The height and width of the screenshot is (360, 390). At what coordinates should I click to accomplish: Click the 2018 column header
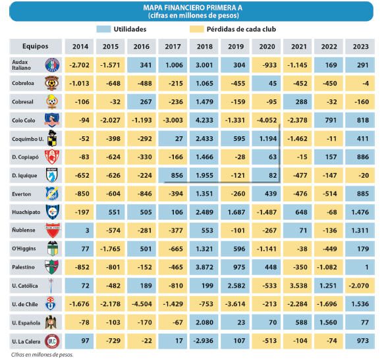(204, 47)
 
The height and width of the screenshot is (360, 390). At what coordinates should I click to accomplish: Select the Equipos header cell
(36, 47)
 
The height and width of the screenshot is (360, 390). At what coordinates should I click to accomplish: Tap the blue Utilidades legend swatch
(103, 29)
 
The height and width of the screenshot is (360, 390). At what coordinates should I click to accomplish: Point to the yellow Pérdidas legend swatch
(196, 29)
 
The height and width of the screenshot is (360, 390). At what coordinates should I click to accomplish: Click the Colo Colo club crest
(52, 120)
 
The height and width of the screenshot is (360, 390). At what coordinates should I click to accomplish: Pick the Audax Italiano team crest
(52, 65)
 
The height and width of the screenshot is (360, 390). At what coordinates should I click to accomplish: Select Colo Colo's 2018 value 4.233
(204, 120)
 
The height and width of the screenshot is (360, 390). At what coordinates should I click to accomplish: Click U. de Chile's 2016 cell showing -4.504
(142, 304)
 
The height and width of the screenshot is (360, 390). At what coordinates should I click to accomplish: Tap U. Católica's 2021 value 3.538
(298, 286)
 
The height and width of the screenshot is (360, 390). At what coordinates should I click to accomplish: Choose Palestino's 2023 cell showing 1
(360, 267)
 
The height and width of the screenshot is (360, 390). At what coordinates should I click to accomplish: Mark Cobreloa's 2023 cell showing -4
(360, 84)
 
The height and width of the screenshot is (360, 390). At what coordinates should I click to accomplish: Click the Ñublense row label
(23, 230)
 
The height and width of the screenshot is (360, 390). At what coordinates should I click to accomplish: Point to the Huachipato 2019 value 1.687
(235, 212)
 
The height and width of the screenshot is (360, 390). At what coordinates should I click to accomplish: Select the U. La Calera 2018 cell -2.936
(204, 341)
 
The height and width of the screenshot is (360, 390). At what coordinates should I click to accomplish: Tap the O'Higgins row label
(24, 249)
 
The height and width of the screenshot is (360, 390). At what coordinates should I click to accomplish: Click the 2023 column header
(360, 47)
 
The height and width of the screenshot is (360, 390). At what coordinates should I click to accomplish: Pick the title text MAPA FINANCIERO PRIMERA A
(193, 8)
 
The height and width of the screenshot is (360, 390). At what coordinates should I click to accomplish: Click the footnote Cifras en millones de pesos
(42, 355)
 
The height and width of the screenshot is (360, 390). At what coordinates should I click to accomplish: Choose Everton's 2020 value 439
(266, 193)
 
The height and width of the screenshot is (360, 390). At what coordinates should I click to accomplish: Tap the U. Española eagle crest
(51, 322)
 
